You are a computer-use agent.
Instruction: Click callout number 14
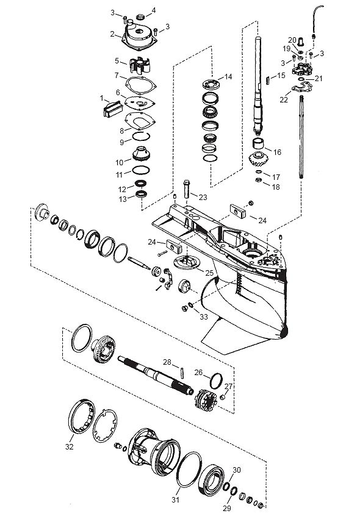[228, 77]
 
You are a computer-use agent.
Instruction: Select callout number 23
[203, 197]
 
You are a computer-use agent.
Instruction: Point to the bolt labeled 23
[187, 188]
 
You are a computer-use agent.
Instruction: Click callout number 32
[69, 446]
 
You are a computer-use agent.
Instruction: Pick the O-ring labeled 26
[216, 381]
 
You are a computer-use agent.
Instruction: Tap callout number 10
[119, 162]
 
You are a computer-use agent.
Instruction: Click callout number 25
[209, 273]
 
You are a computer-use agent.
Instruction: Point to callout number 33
[204, 317]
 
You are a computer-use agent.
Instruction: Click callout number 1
[102, 98]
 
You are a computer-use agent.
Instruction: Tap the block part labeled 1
[113, 109]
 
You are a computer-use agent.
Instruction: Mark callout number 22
[284, 99]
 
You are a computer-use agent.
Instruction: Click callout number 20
[292, 40]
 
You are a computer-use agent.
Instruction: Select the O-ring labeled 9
[141, 136]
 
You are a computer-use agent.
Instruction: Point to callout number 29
[227, 508]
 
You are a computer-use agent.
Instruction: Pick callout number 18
[276, 187]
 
